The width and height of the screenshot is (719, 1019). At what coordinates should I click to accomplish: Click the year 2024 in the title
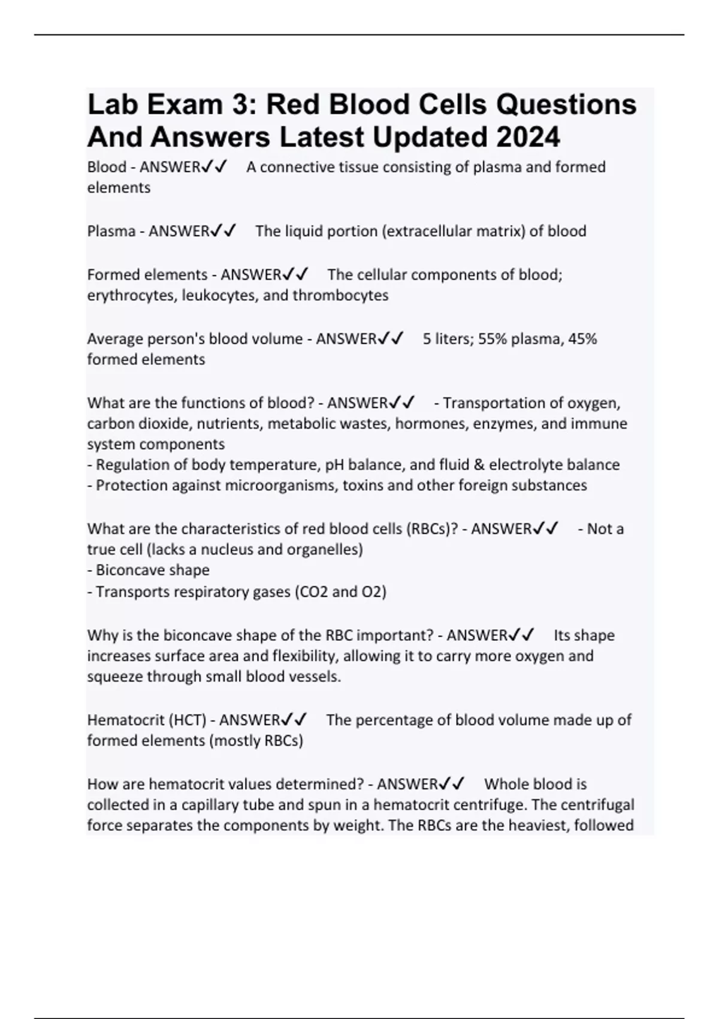click(x=527, y=137)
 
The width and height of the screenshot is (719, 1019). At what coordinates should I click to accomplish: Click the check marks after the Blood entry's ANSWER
click(x=215, y=167)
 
